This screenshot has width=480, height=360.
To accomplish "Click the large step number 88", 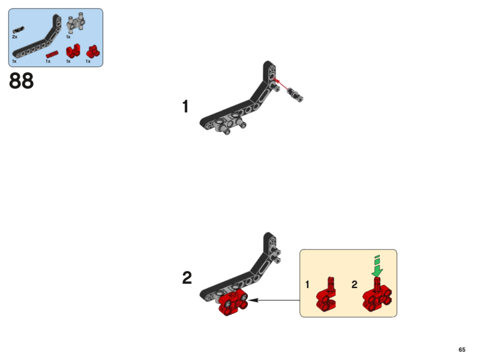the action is click(x=22, y=81).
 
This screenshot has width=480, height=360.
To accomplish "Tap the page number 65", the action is click(x=461, y=350).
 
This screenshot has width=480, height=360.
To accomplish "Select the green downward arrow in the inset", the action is click(x=377, y=266).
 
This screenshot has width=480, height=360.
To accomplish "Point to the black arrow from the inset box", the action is click(x=274, y=300).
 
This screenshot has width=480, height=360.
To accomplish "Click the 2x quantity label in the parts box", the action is click(x=14, y=37).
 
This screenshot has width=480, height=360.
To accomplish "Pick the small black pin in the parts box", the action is click(x=19, y=29).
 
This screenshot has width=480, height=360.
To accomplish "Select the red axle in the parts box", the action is click(x=52, y=54).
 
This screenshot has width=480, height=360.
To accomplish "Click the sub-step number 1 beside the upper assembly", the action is click(x=185, y=107).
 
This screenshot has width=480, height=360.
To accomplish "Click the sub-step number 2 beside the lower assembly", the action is click(x=187, y=278).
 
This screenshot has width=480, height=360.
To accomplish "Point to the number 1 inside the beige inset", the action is click(x=307, y=284).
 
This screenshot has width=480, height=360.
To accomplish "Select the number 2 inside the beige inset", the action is click(x=355, y=284).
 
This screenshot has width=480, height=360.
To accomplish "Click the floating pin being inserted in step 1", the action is click(x=295, y=94).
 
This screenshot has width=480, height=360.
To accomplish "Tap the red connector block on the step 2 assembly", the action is click(x=233, y=303).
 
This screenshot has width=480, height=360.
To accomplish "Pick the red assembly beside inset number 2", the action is click(x=377, y=295).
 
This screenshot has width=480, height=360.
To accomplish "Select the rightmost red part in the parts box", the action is click(x=92, y=52).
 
